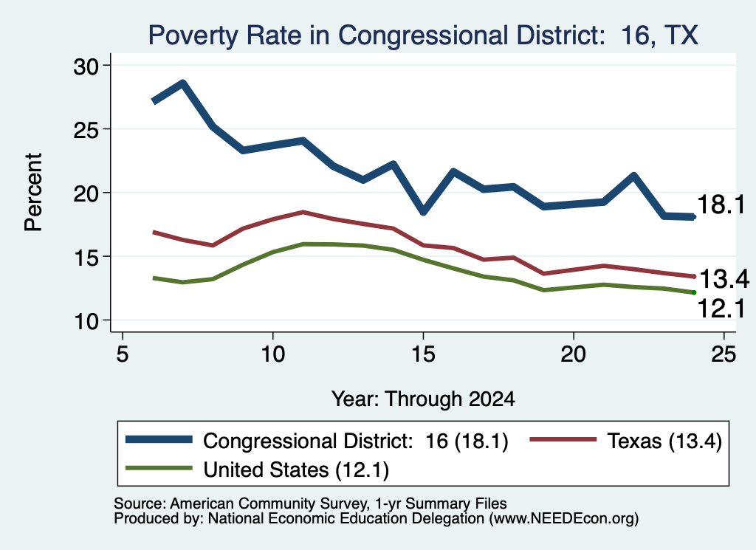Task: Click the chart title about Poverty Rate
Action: tap(423, 35)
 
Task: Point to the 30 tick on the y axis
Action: tap(86, 66)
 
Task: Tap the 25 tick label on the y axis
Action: tap(86, 130)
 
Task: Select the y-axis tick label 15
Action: tap(86, 257)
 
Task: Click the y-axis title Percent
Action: tap(33, 193)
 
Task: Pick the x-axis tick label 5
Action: tap(123, 354)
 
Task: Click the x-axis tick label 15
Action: tap(423, 354)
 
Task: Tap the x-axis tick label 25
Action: tap(724, 354)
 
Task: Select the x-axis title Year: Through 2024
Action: tap(423, 399)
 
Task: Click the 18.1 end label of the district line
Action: tap(721, 204)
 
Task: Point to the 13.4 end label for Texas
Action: tap(724, 279)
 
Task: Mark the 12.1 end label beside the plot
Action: tap(721, 309)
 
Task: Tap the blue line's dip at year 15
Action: tap(423, 211)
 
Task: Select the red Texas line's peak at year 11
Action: tap(303, 212)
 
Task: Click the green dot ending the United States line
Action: tap(694, 292)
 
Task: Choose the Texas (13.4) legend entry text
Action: tap(664, 441)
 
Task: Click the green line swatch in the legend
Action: tap(159, 468)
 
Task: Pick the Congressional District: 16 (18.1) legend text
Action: tap(356, 441)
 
